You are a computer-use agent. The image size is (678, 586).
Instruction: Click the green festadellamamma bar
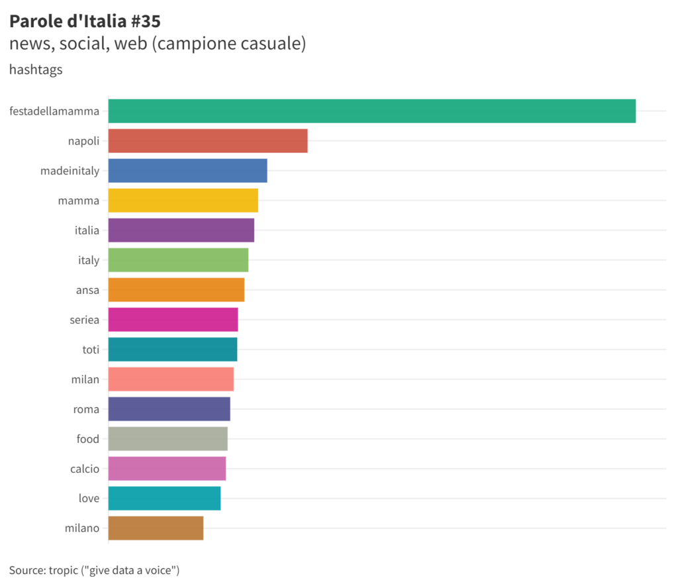pos(371,111)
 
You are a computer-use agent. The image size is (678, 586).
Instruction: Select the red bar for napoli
pos(208,141)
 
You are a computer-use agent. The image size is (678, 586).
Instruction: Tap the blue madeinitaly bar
pos(187,171)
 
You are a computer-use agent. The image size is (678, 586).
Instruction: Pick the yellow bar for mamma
pos(183,201)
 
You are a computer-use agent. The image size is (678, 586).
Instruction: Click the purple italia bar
pos(181,230)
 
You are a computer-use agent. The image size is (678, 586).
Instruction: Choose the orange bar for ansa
pos(176,290)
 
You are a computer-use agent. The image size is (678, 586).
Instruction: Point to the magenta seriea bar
pos(173,320)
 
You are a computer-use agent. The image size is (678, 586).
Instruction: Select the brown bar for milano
pos(156,528)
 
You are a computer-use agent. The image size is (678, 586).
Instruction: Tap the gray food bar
pos(168,439)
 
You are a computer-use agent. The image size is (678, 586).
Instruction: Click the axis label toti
pos(91,350)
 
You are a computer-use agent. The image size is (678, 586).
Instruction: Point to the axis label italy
pos(89,260)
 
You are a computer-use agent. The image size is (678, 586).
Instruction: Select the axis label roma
pos(86,409)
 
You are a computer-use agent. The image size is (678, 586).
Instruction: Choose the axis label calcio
pos(85,469)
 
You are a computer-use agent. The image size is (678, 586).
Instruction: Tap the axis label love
pos(89,499)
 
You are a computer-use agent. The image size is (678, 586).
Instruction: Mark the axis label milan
pos(85,379)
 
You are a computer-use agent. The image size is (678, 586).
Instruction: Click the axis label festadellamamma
pos(54,111)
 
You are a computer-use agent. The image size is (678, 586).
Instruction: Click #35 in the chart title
pos(145,21)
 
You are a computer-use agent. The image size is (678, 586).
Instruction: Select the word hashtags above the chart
pos(36,70)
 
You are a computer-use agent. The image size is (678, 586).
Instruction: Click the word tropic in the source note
pos(64,570)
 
